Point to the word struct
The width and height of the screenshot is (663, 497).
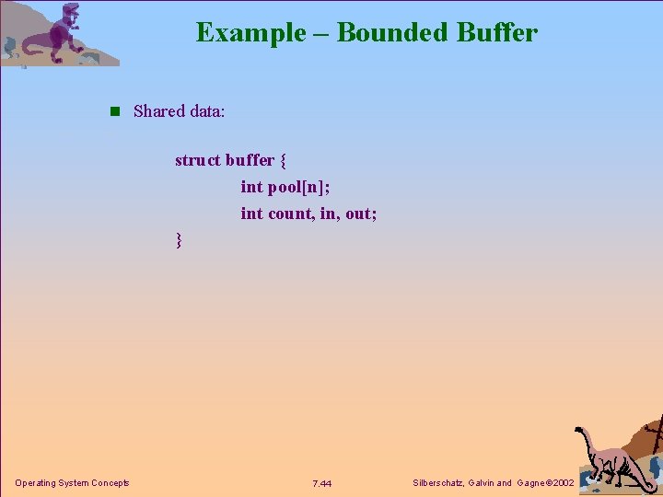pyautogui.click(x=198, y=160)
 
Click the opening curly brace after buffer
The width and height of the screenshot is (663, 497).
pyautogui.click(x=282, y=161)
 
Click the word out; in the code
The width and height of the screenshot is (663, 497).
pyautogui.click(x=361, y=214)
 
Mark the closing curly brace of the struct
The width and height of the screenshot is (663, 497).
pyautogui.click(x=179, y=241)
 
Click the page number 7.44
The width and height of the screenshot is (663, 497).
pyautogui.click(x=322, y=484)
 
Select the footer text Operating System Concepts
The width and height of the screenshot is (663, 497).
pyautogui.click(x=72, y=483)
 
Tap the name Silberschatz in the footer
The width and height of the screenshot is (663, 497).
pyautogui.click(x=441, y=483)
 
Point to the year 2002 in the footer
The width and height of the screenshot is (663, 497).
pyautogui.click(x=562, y=483)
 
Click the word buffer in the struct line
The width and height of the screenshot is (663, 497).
pyautogui.click(x=250, y=160)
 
